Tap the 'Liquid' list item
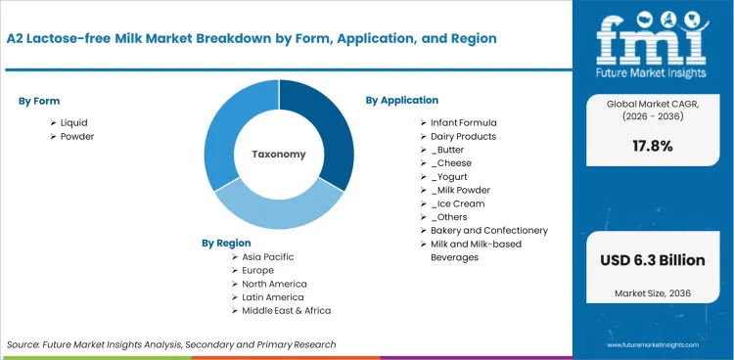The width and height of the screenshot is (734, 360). (x=73, y=122)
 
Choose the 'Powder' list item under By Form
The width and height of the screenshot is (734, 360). (x=76, y=136)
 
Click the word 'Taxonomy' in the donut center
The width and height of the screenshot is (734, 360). (x=279, y=154)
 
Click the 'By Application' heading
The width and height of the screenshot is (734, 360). (x=401, y=100)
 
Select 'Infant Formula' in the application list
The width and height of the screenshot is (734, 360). (x=464, y=122)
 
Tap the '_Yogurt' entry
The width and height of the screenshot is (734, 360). (x=449, y=176)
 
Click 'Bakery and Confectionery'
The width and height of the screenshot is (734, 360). (x=489, y=230)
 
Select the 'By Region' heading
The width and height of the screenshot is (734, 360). (x=226, y=243)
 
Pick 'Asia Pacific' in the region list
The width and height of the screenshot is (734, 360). (x=268, y=256)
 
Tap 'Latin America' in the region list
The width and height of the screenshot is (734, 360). (x=273, y=296)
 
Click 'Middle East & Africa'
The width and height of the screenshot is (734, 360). (x=288, y=310)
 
